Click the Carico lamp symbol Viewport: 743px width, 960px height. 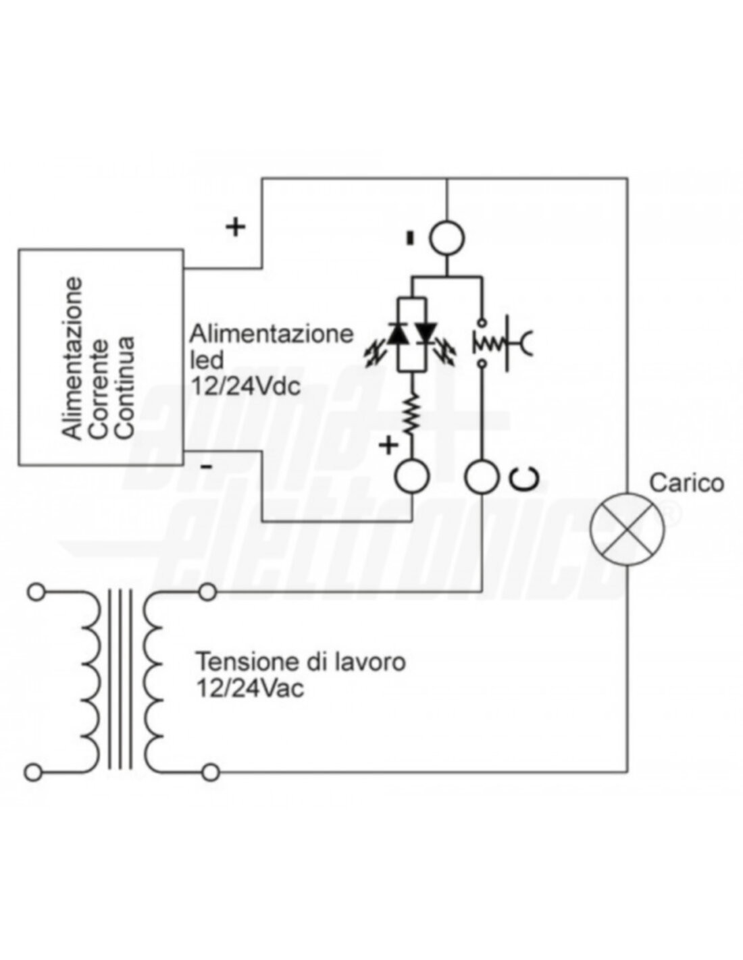pyautogui.click(x=627, y=528)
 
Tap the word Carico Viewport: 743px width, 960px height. pyautogui.click(x=686, y=483)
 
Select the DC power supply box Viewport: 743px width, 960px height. pyautogui.click(x=101, y=357)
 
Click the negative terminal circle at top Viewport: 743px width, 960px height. pyautogui.click(x=447, y=238)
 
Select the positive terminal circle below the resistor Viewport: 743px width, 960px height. pyautogui.click(x=411, y=477)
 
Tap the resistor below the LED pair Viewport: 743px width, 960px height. pyautogui.click(x=411, y=417)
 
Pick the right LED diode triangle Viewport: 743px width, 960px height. pyautogui.click(x=426, y=334)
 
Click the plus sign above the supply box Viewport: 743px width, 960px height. pyautogui.click(x=235, y=227)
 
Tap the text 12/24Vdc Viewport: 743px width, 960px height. pyautogui.click(x=245, y=388)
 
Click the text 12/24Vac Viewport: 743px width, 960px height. pyautogui.click(x=250, y=688)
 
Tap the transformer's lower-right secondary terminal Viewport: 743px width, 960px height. pyautogui.click(x=210, y=770)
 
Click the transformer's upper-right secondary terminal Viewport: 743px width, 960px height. pyautogui.click(x=207, y=593)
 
